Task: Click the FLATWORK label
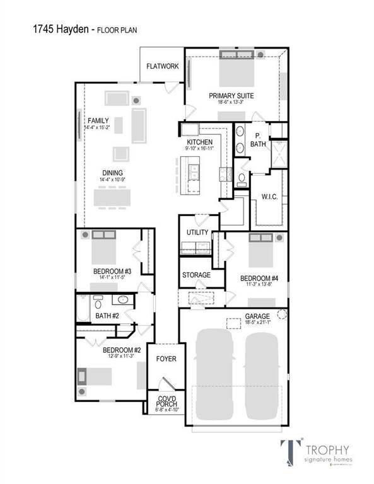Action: click(x=162, y=66)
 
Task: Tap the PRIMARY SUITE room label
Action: click(x=231, y=96)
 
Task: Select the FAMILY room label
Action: click(x=98, y=120)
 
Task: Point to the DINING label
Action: click(x=113, y=173)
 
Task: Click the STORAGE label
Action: click(x=196, y=275)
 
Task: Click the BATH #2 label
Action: click(x=107, y=316)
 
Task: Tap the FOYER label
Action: click(x=166, y=359)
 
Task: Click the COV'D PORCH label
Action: click(x=166, y=401)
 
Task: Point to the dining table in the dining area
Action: click(x=114, y=197)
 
